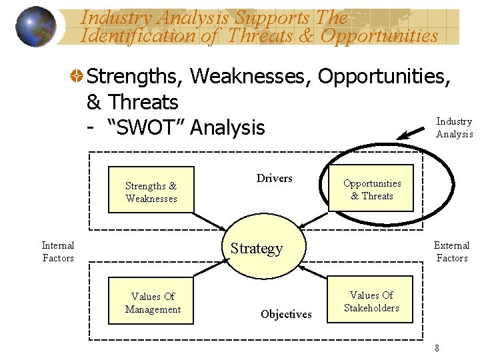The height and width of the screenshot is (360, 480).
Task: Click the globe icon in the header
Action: pos(35,27)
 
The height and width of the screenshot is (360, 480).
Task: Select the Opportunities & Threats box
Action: pos(371,189)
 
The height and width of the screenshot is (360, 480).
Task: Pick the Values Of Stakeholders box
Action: pos(371,301)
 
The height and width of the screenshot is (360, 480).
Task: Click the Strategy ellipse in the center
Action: pos(265,248)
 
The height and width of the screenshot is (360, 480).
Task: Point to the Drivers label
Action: pos(274,178)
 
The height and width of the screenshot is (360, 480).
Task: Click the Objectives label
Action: pos(286,314)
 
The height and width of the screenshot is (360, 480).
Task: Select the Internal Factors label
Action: pos(58,251)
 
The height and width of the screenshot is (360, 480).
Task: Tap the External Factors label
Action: pos(451,251)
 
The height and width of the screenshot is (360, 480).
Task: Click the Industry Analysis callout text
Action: pos(454,127)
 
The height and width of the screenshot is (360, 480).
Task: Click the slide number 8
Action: pos(437,347)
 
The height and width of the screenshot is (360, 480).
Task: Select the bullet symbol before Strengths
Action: pos(78,77)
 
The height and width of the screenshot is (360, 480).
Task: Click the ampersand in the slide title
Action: pos(306,36)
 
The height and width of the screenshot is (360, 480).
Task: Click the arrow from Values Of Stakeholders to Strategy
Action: pos(313,273)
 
